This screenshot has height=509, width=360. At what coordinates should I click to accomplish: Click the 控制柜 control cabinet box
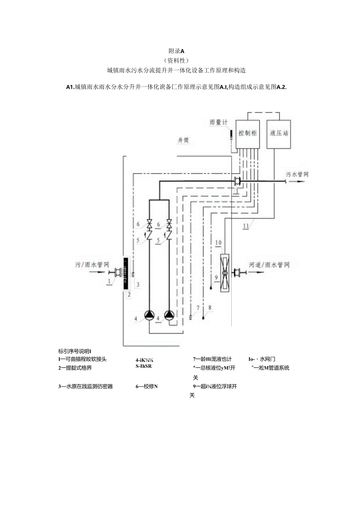click(248, 134)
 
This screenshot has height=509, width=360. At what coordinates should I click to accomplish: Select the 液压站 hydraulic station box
click(279, 134)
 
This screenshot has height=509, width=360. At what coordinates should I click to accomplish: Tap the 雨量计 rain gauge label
click(218, 123)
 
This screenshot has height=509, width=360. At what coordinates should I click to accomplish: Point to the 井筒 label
click(183, 140)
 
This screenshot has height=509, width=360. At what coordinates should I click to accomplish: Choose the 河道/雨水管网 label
click(270, 265)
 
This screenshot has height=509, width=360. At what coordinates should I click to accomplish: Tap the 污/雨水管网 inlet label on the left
click(91, 265)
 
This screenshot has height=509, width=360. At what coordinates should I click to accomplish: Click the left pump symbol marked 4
click(150, 315)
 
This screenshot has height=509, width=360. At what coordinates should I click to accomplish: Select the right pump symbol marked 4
click(169, 315)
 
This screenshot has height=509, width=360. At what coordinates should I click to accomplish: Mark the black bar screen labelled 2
click(125, 273)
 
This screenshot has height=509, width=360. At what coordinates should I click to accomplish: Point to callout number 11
click(245, 226)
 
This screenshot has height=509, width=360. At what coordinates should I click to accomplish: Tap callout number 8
click(209, 308)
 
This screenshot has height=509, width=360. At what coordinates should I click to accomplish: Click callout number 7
click(198, 308)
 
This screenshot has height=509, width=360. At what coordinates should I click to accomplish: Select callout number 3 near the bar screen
click(137, 284)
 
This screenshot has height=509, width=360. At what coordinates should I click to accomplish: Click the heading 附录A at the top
click(176, 51)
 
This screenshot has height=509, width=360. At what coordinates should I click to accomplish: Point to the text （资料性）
click(176, 61)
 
